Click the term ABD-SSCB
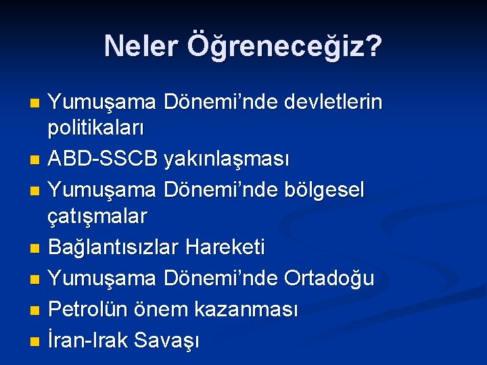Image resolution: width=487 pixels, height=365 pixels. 103,160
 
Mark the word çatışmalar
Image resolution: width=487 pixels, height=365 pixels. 97,216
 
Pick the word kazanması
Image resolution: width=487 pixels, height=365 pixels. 246,310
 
